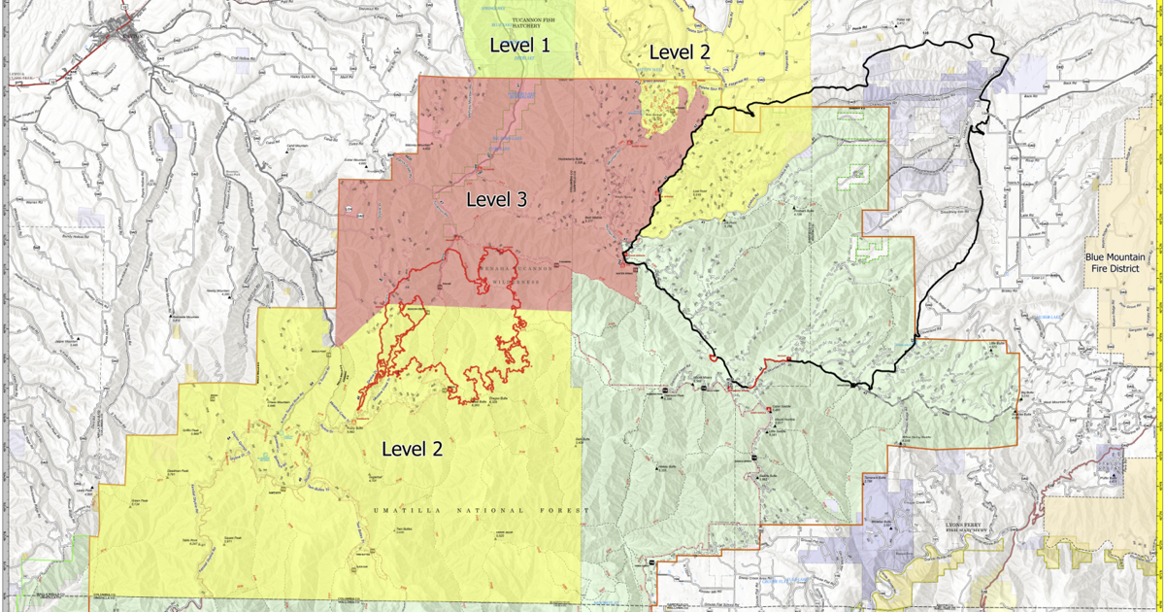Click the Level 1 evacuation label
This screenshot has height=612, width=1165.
click(x=520, y=45)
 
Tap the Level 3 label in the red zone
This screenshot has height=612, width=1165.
click(x=496, y=200)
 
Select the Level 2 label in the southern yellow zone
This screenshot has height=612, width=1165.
click(x=412, y=449)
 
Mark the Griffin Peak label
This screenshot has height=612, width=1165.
click(x=188, y=430)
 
